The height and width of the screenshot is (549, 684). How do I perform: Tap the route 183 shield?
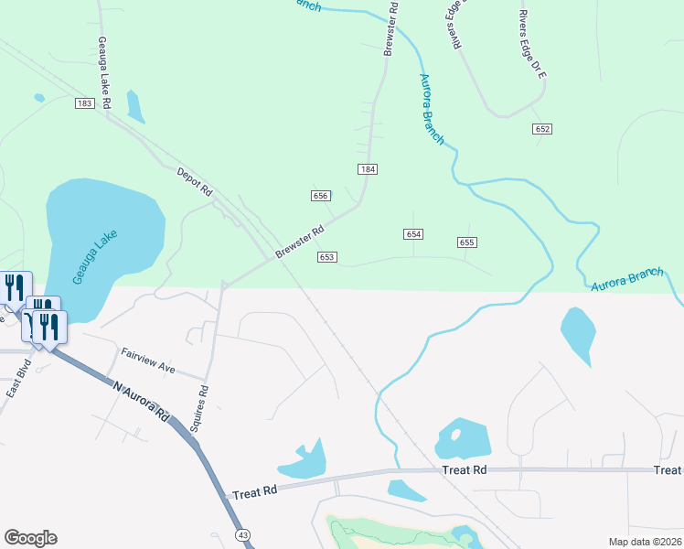coord(85,104)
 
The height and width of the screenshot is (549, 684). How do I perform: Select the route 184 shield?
coord(368,169)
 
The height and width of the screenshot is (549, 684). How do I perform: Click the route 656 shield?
coord(320,196)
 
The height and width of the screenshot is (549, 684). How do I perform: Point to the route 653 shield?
coord(327,257)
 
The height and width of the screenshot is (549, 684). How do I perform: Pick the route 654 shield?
coord(413,234)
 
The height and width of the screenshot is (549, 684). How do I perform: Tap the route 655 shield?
coord(467,242)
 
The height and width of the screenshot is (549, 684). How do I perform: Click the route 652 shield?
coord(542,129)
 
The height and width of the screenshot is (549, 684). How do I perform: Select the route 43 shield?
coord(241,533)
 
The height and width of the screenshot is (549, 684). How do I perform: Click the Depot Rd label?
coord(194,181)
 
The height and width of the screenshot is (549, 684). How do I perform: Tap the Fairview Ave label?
coord(148,360)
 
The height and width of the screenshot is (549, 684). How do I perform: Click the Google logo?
coord(30,538)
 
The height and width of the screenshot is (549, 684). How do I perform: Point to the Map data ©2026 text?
coord(646,542)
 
